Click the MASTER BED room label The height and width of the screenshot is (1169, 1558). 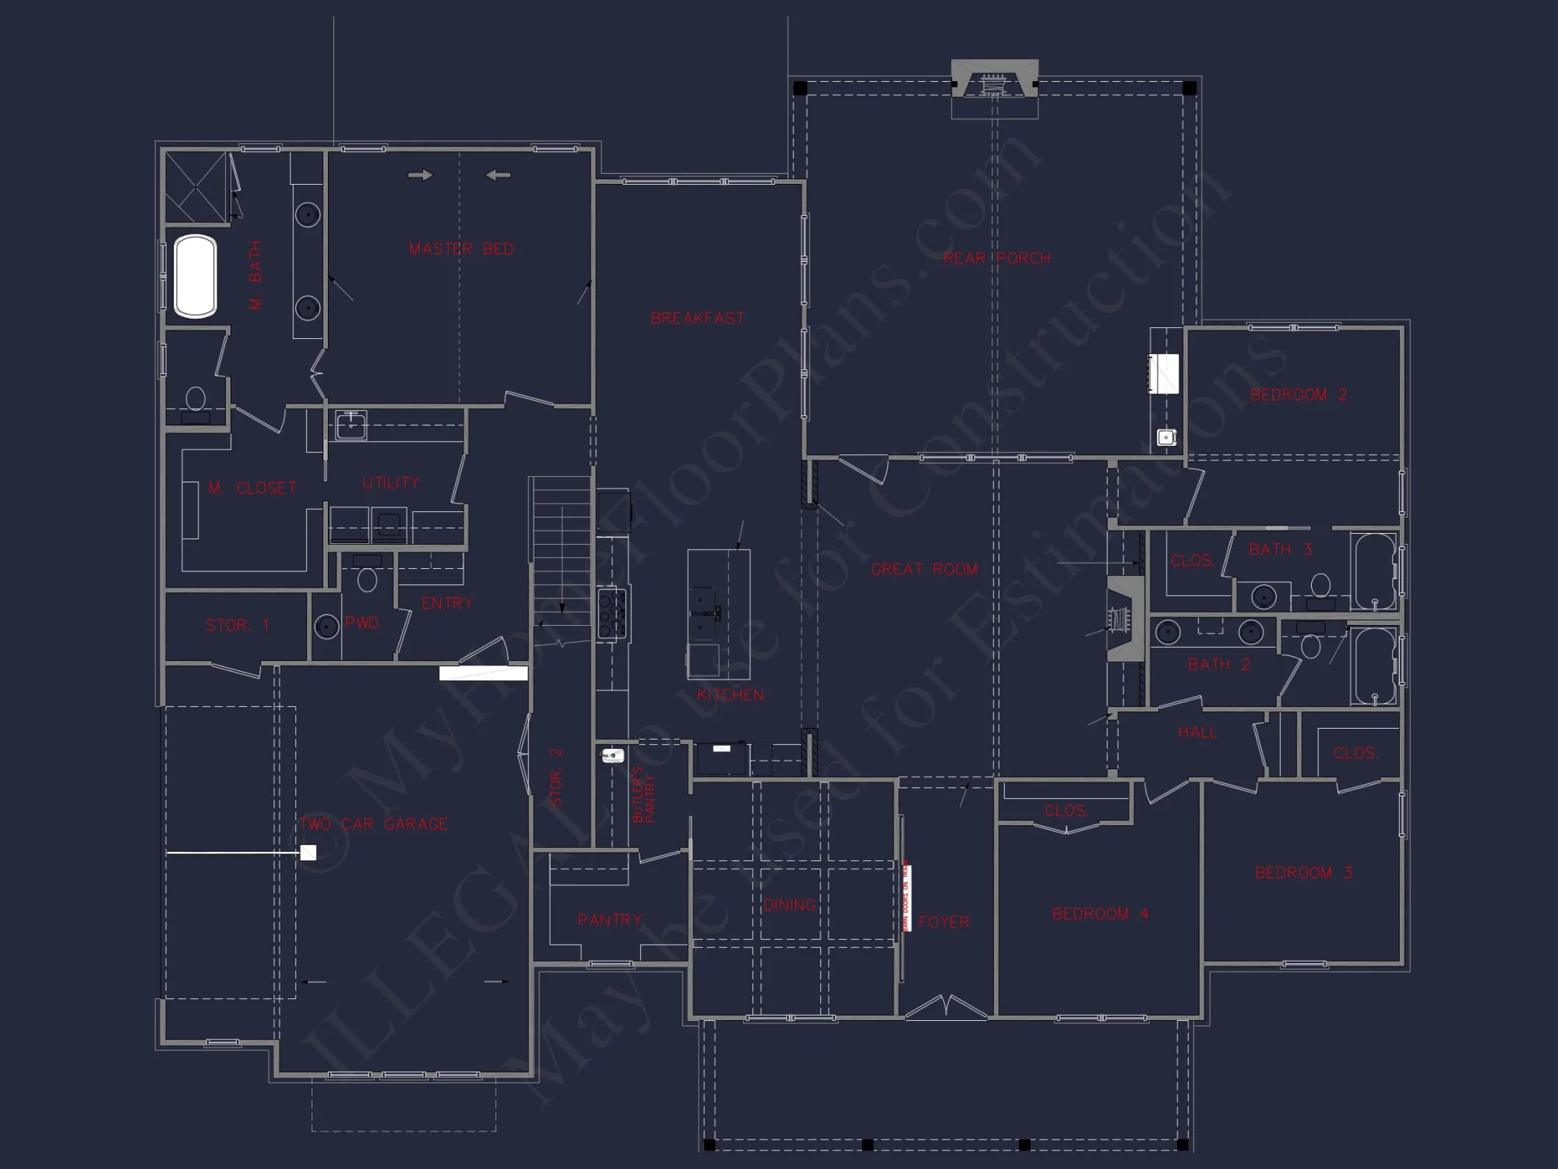tap(461, 249)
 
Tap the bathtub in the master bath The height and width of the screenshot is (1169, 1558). tap(195, 276)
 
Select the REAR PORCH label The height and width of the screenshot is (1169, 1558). tap(996, 258)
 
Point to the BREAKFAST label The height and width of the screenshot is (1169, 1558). tap(697, 318)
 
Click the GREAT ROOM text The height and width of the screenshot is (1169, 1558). tap(924, 570)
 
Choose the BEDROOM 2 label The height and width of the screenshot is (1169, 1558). tap(1298, 395)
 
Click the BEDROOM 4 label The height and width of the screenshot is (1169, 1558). tap(1100, 913)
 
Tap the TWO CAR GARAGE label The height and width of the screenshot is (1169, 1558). tap(374, 824)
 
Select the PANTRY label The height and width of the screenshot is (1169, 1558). tap(609, 920)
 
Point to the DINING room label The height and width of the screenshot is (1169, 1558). tap(788, 905)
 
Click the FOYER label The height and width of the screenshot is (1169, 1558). tap(943, 922)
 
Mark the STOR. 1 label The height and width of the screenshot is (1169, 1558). tap(238, 625)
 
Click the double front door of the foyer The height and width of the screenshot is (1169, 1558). tap(945, 1007)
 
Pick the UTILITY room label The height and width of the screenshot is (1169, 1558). tap(391, 482)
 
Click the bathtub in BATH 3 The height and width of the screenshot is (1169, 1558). tap(1373, 571)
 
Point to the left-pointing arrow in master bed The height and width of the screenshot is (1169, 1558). tap(499, 175)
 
